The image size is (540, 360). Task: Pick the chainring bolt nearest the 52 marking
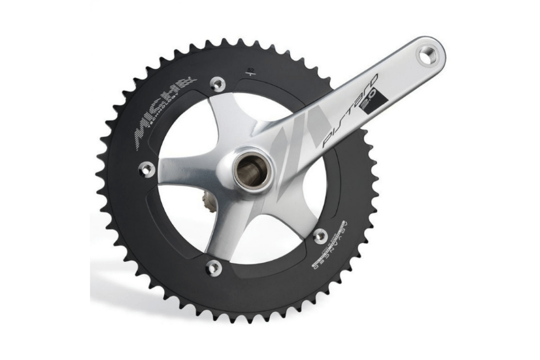click(217, 83)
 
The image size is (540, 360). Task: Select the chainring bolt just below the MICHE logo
click(146, 169)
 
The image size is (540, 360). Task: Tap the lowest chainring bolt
click(214, 268)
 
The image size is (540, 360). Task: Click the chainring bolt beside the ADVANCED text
click(320, 236)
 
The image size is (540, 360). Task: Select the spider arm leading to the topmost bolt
click(224, 119)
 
